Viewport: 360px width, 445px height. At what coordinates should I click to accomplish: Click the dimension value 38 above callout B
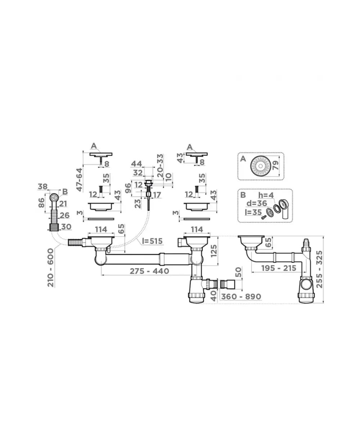(43, 187)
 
